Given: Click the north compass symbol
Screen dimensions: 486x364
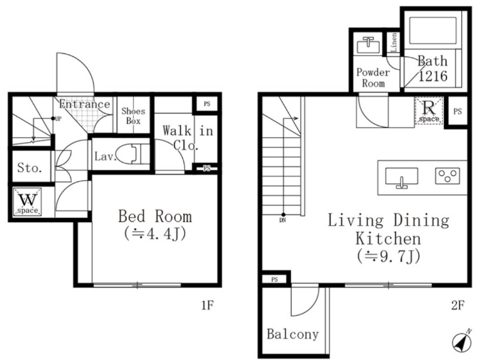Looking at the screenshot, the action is tap(462, 342).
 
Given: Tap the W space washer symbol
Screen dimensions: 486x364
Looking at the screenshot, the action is tap(27, 201).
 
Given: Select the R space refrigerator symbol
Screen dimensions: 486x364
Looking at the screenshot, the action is tap(429, 110).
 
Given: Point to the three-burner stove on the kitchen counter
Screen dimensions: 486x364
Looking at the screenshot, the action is tap(447, 176).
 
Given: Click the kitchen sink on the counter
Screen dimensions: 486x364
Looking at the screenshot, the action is tap(402, 178).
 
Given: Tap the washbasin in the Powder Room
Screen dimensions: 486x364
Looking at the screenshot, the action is tap(368, 46).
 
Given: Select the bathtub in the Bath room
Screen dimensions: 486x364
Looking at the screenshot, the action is tap(433, 31).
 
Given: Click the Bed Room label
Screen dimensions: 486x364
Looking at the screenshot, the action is tap(155, 216).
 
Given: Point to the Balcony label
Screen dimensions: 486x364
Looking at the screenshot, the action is tap(293, 334).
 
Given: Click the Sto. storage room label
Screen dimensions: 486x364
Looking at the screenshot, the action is tap(29, 168).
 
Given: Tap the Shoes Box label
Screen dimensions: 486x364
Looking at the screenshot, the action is tap(133, 116).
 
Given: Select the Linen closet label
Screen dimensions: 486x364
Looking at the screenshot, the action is tap(394, 42).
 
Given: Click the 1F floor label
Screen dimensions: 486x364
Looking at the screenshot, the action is tap(207, 306).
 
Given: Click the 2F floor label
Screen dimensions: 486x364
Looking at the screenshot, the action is tap(457, 306).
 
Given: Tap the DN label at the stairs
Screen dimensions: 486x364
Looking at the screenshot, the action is tap(282, 220).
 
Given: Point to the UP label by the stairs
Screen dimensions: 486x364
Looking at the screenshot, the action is tap(58, 119).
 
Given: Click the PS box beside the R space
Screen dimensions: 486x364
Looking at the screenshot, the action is tap(457, 112).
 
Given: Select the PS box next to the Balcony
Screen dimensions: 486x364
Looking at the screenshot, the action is tap(275, 280).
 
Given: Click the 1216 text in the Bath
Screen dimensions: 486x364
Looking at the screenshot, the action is tap(433, 76).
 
